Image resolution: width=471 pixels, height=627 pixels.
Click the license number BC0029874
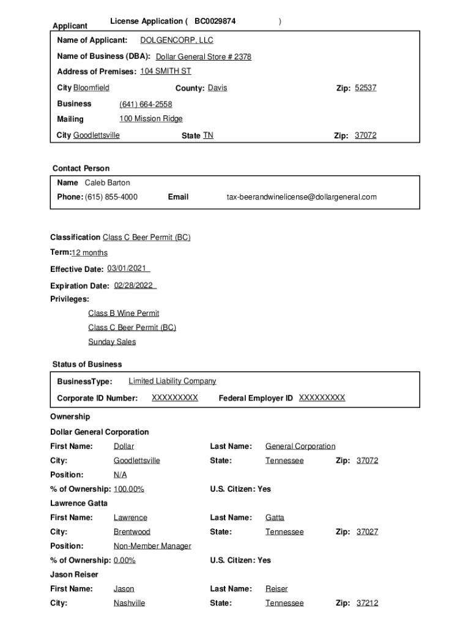point(215,21)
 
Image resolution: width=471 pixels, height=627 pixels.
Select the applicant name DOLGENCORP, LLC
point(177,40)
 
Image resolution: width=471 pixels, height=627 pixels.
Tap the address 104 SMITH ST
point(165,72)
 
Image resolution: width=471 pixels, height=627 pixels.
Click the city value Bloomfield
point(91,88)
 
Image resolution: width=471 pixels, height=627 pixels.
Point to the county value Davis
point(217,88)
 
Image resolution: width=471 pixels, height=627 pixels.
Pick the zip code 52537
point(365,88)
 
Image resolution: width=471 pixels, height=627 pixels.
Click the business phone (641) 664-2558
point(146,105)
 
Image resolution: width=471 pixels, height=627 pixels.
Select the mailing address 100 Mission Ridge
point(151,119)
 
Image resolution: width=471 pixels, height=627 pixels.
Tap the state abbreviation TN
point(208,135)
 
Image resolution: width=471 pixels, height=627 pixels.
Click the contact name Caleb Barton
point(107,182)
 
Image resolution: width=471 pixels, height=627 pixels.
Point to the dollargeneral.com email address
point(302,197)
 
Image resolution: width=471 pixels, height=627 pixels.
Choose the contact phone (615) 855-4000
point(111,197)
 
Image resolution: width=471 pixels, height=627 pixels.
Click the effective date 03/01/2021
point(127,269)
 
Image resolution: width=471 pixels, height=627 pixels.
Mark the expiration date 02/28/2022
point(134,285)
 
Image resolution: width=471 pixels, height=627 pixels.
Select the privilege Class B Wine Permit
point(124,313)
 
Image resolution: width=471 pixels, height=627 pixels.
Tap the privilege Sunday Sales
point(112,342)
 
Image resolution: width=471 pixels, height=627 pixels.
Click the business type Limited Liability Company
point(172,381)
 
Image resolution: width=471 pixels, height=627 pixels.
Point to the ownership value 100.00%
point(129,489)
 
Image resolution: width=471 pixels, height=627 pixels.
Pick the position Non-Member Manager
point(152,546)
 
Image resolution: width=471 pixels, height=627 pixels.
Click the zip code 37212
point(367,603)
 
